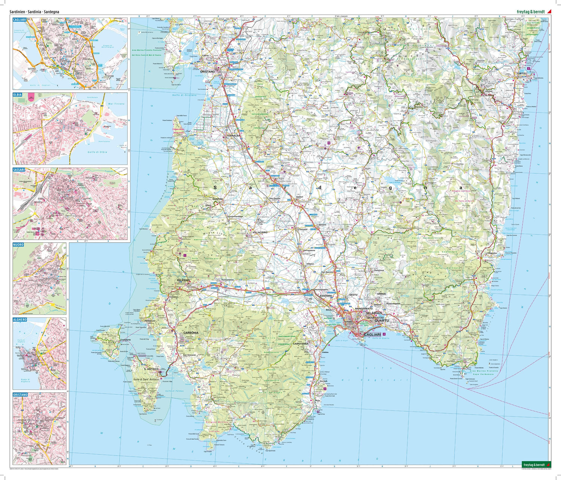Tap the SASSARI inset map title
point(19,170)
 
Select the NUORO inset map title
point(18,245)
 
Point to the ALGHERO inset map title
point(20,320)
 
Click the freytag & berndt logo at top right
point(531,12)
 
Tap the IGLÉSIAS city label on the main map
point(183,280)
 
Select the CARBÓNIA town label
point(191,332)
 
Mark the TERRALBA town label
point(233,136)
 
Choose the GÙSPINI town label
point(217,199)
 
